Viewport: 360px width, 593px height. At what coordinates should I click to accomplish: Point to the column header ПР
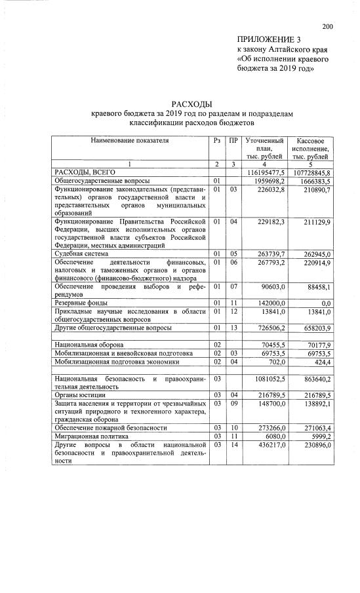click(233, 140)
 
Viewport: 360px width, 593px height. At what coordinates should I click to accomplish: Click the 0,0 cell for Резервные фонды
click(323, 302)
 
